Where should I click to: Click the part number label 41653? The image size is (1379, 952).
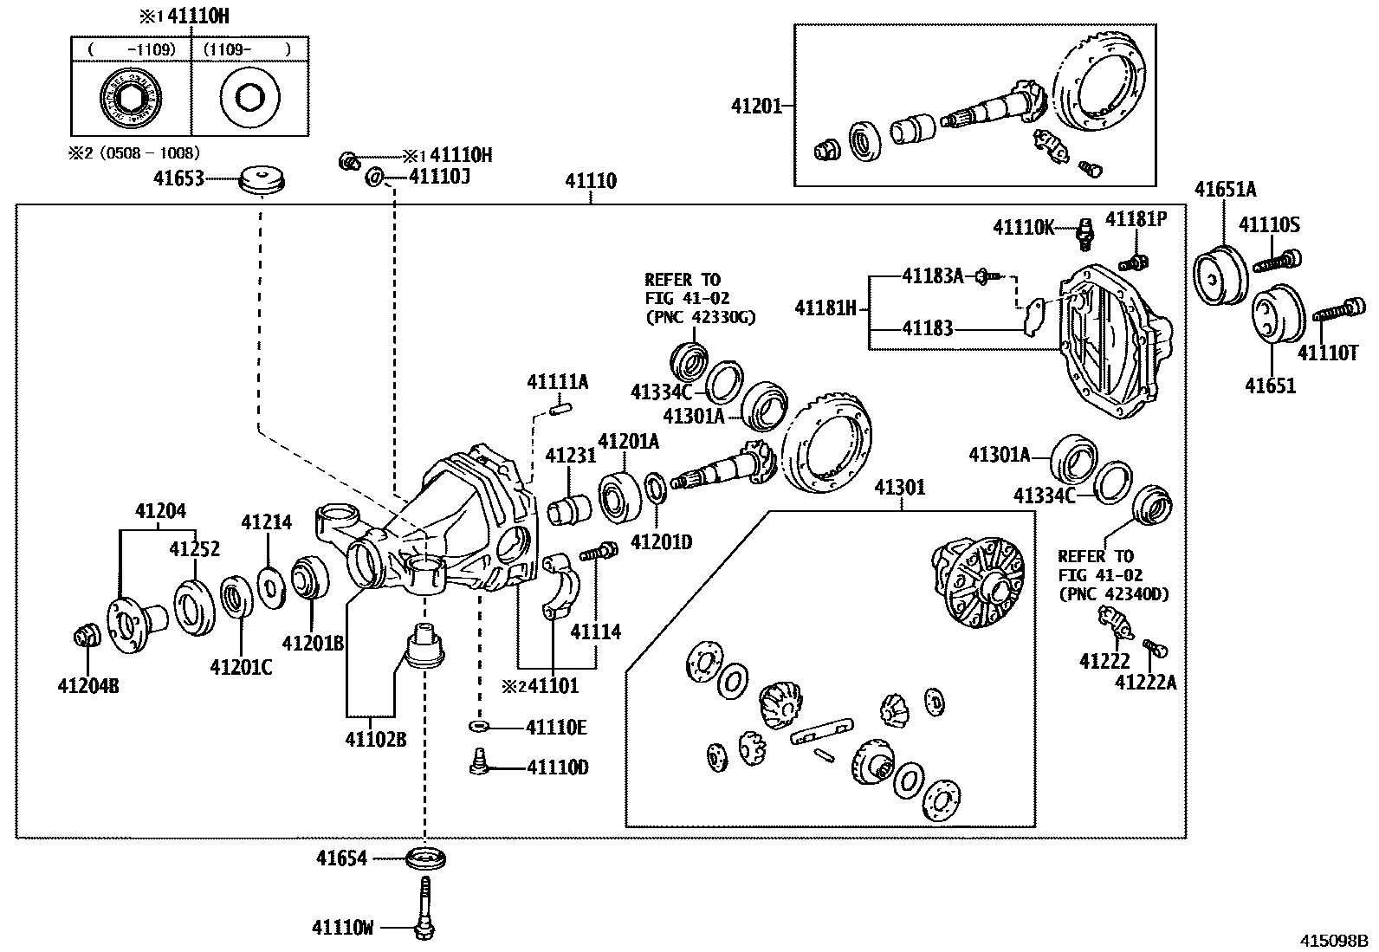tap(178, 178)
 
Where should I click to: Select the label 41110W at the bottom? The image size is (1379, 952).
tap(343, 928)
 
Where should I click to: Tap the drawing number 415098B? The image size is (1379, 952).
tap(1330, 940)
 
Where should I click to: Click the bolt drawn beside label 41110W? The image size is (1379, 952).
tap(424, 906)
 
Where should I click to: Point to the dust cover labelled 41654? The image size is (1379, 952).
tap(426, 859)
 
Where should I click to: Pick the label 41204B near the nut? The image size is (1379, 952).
tap(88, 686)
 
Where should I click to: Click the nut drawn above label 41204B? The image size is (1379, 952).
tap(87, 637)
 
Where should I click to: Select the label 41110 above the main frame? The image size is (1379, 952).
tap(591, 181)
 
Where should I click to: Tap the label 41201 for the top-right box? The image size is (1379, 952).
tap(756, 106)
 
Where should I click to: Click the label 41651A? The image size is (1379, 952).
tap(1225, 189)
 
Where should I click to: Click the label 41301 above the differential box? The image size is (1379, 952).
tap(899, 488)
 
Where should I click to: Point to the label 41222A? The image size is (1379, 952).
tap(1145, 683)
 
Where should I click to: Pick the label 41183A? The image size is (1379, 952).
tap(932, 275)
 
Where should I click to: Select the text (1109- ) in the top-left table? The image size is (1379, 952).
tap(247, 49)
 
